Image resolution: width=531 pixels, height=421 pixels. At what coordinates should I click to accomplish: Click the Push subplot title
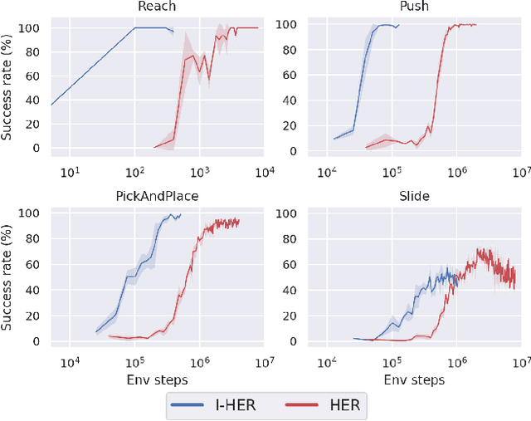413,7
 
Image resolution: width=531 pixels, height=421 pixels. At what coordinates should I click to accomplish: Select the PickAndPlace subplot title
157,196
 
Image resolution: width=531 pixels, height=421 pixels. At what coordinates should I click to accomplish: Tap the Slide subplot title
413,196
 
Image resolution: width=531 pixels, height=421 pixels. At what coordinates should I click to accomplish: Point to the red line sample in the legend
300,405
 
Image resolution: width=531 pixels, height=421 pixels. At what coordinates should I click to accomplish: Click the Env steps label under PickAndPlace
157,379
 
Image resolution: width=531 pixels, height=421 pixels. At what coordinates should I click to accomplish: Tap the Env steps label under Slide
413,379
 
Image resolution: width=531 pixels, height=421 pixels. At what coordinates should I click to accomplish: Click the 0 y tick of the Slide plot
293,340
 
